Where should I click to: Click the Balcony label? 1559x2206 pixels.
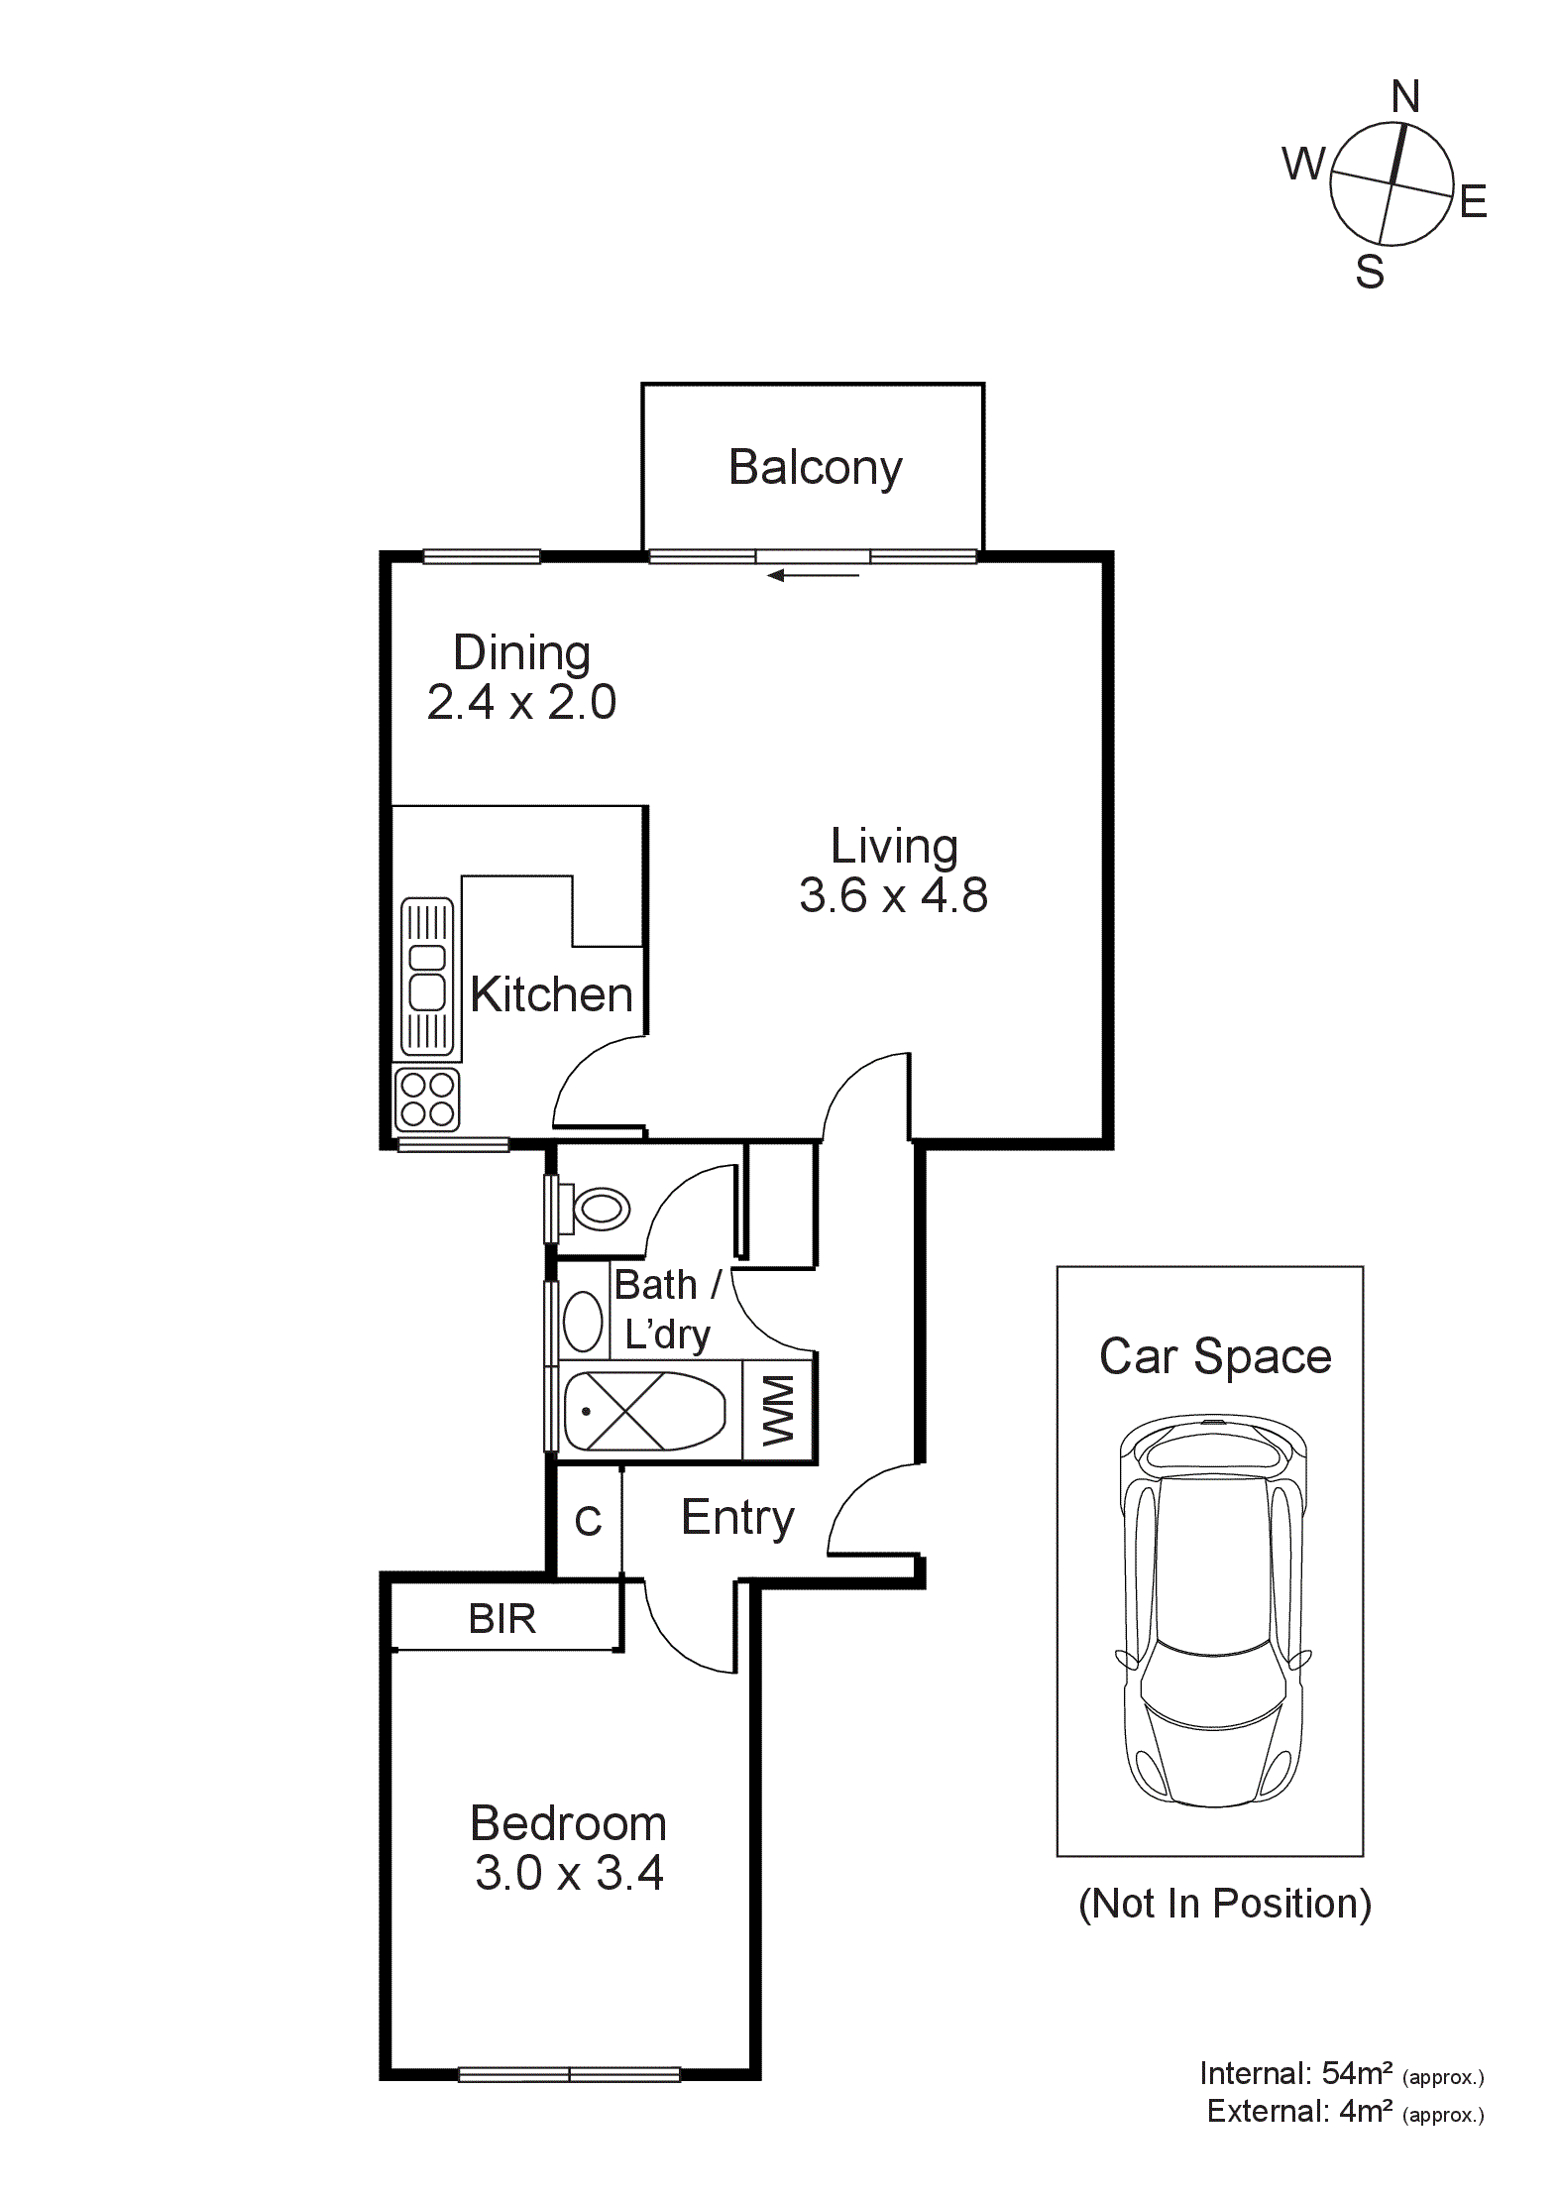click(815, 468)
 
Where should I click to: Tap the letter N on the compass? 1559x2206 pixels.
click(1405, 97)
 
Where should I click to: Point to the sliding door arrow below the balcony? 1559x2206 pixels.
click(813, 575)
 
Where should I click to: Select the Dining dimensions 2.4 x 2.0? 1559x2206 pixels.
click(521, 703)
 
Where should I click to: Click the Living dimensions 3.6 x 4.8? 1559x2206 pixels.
click(893, 895)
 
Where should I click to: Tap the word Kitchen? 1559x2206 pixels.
click(551, 994)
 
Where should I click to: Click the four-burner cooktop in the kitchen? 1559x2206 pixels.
click(427, 1100)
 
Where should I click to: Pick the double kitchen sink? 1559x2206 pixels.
click(427, 976)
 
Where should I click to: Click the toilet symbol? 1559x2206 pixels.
click(599, 1210)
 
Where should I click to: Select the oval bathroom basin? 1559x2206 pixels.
click(583, 1322)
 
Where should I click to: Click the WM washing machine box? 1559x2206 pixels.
click(778, 1410)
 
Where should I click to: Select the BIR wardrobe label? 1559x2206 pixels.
click(501, 1620)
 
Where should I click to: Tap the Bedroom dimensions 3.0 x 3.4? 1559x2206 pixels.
click(569, 1873)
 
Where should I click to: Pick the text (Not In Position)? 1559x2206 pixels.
click(1224, 1904)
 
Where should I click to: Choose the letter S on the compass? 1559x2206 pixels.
click(1369, 272)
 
